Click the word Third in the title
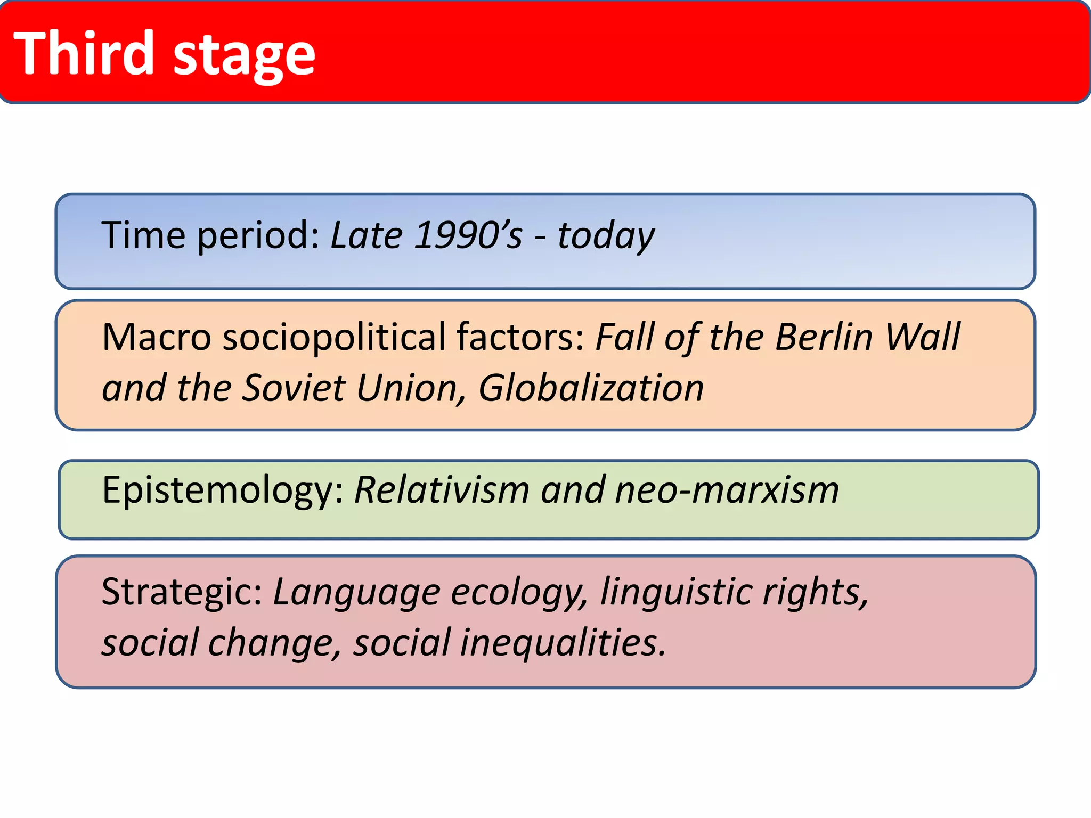(x=84, y=53)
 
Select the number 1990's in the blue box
(x=468, y=235)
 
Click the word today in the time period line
(x=606, y=236)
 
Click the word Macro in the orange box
(x=157, y=338)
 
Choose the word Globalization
(x=591, y=388)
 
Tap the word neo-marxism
(x=727, y=490)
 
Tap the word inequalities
(x=563, y=643)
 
